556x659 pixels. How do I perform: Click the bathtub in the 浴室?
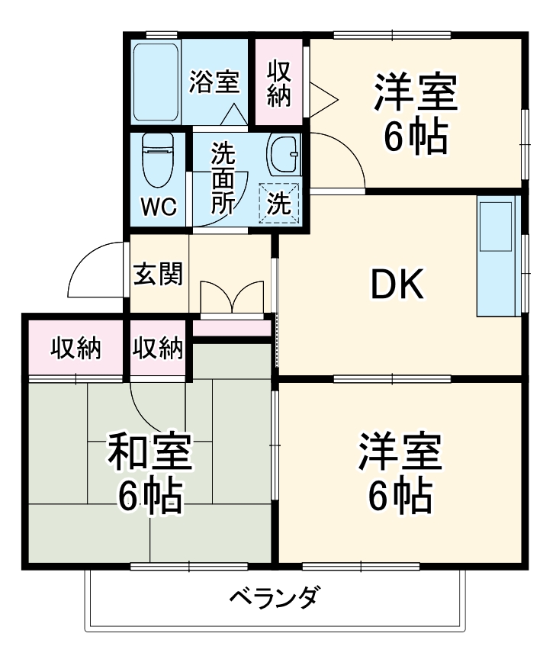click(156, 83)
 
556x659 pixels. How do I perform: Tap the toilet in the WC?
click(158, 159)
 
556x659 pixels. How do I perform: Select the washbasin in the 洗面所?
click(284, 156)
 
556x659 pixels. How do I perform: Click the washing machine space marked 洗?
click(280, 204)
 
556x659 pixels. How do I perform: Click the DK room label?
click(397, 285)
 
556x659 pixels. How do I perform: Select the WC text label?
click(159, 207)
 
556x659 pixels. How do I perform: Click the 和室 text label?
click(149, 454)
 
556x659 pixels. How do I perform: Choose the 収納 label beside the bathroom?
click(278, 84)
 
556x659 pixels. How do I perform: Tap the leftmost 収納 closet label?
click(76, 349)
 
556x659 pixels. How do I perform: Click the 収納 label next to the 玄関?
click(158, 349)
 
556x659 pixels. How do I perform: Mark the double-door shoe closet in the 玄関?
click(232, 297)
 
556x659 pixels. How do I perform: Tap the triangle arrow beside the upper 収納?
click(322, 97)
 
